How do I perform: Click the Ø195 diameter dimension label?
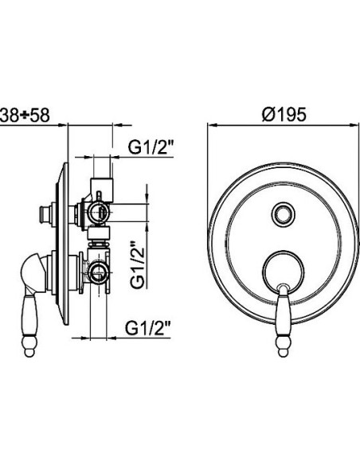[284, 114]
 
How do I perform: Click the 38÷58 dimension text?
[25, 115]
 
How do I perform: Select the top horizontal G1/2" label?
[151, 147]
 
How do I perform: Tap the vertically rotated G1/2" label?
[138, 265]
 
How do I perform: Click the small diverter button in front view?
[284, 213]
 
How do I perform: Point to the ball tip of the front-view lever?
[284, 352]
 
